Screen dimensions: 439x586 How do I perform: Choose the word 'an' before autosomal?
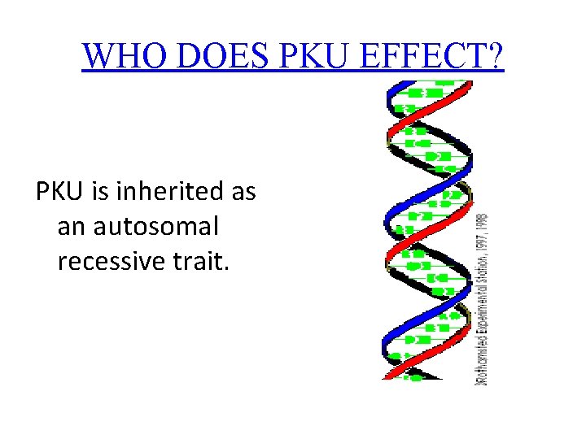(x=72, y=227)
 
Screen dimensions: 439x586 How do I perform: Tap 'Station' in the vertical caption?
(x=482, y=264)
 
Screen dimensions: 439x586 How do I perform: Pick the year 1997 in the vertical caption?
(x=482, y=238)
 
